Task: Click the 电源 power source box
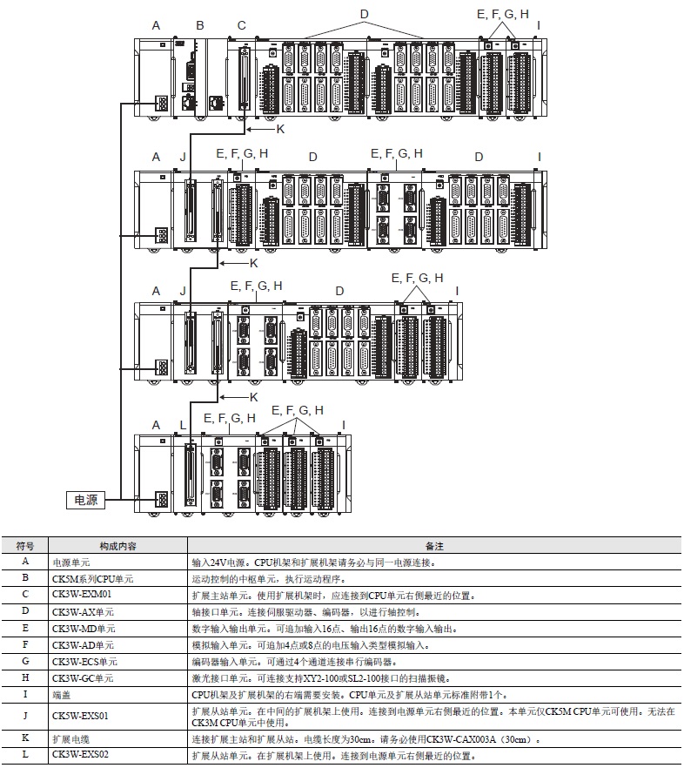click(85, 500)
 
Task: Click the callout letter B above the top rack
click(200, 25)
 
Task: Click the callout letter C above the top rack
click(241, 25)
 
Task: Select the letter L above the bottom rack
click(183, 425)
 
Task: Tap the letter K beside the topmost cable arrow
click(280, 129)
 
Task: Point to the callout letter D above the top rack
click(365, 14)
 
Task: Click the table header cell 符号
click(25, 546)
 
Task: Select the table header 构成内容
click(118, 546)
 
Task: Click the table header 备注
click(434, 546)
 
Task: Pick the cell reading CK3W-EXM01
click(82, 594)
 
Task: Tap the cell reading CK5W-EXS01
click(80, 716)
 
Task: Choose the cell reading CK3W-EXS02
click(80, 754)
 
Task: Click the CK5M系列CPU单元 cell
click(92, 578)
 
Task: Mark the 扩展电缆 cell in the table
click(71, 738)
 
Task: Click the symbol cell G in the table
click(25, 661)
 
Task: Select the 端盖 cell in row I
click(62, 695)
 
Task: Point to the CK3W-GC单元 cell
click(83, 677)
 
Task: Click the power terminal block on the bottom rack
click(162, 500)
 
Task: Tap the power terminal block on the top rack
click(162, 103)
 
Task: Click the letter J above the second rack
click(183, 157)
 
